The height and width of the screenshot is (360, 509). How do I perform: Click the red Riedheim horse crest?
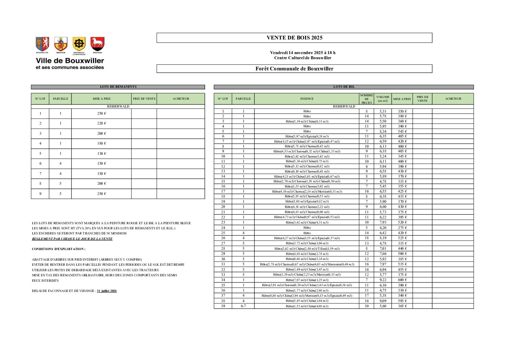tap(97, 44)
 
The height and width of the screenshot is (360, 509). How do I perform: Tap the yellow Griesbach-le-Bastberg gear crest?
tap(79, 44)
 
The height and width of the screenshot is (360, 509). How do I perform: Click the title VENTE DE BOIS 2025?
tap(294, 38)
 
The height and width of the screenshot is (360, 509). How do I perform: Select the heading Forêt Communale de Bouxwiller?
tap(294, 69)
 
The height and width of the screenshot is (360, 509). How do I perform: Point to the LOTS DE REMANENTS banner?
tap(118, 87)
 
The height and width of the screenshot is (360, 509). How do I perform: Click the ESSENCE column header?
tap(307, 99)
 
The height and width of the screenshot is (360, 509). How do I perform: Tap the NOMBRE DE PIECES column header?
tap(366, 99)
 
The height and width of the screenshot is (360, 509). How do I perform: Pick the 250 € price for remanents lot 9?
tap(101, 194)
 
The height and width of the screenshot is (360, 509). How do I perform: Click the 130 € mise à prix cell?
tap(101, 153)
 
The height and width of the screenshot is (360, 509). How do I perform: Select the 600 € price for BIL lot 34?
tap(402, 280)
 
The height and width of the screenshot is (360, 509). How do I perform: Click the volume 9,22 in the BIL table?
tap(383, 280)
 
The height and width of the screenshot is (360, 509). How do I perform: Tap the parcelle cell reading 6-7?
tap(243, 306)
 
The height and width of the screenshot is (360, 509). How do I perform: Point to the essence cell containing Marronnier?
tap(307, 264)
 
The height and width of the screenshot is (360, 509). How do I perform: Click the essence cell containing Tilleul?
tap(307, 249)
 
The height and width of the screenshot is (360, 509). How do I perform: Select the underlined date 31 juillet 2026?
tap(107, 291)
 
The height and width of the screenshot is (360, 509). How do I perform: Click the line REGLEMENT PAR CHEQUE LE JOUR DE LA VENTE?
tap(72, 239)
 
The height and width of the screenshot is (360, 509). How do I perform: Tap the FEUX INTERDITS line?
tap(45, 281)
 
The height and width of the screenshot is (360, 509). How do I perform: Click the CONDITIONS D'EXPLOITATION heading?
tap(59, 249)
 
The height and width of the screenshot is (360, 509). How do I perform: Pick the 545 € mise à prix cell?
tap(402, 131)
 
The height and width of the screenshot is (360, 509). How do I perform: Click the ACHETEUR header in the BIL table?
tap(453, 99)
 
